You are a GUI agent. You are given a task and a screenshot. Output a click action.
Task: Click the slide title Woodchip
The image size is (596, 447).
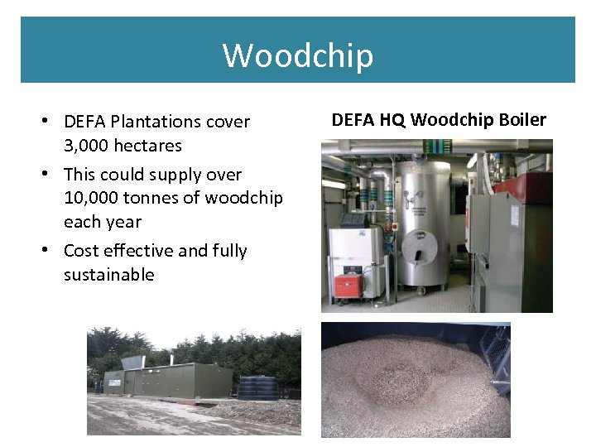coord(298,56)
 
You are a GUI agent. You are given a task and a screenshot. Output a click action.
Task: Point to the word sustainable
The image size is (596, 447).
coord(108,275)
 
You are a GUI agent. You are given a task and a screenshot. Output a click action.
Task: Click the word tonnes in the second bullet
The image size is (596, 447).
coord(156,199)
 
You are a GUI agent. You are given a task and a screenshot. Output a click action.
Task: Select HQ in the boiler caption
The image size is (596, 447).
coord(392,120)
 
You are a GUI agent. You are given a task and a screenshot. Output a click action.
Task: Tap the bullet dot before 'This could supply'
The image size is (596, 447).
coord(51,175)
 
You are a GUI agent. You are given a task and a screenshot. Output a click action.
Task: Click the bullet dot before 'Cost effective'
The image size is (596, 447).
coord(51,251)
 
